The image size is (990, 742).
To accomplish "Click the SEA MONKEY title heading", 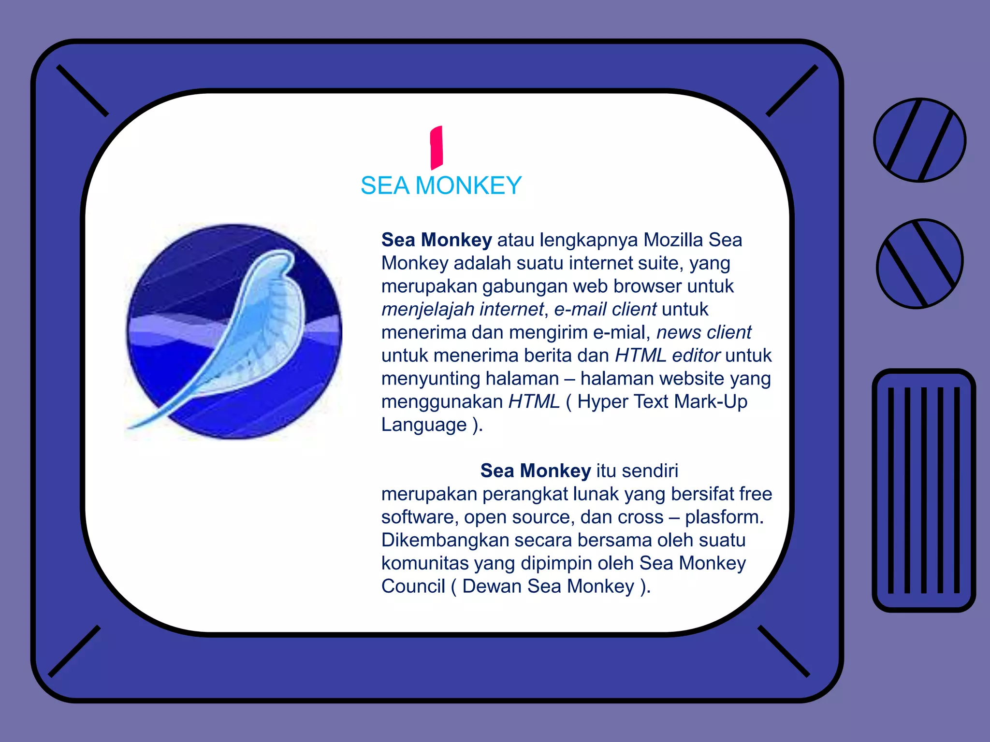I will pos(441,185).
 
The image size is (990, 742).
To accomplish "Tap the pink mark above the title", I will pos(437,147).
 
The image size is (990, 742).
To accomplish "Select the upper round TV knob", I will pos(919,140).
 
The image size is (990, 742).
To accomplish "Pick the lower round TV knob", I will pos(919,263).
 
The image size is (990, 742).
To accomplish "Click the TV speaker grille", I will pos(923,490).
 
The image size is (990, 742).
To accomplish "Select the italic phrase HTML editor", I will pos(667,356).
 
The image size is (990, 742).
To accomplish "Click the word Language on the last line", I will pos(424,425).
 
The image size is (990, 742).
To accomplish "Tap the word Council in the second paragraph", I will pos(413,586).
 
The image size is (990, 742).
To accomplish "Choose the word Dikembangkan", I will pos(445,540).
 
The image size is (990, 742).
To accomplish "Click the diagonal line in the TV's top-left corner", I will pos(82,91).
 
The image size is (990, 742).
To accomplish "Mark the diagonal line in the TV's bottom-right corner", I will pos(783,651).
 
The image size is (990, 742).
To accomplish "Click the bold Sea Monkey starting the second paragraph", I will pos(535,471).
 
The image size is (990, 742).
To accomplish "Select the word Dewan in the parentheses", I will pos(492,586).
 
